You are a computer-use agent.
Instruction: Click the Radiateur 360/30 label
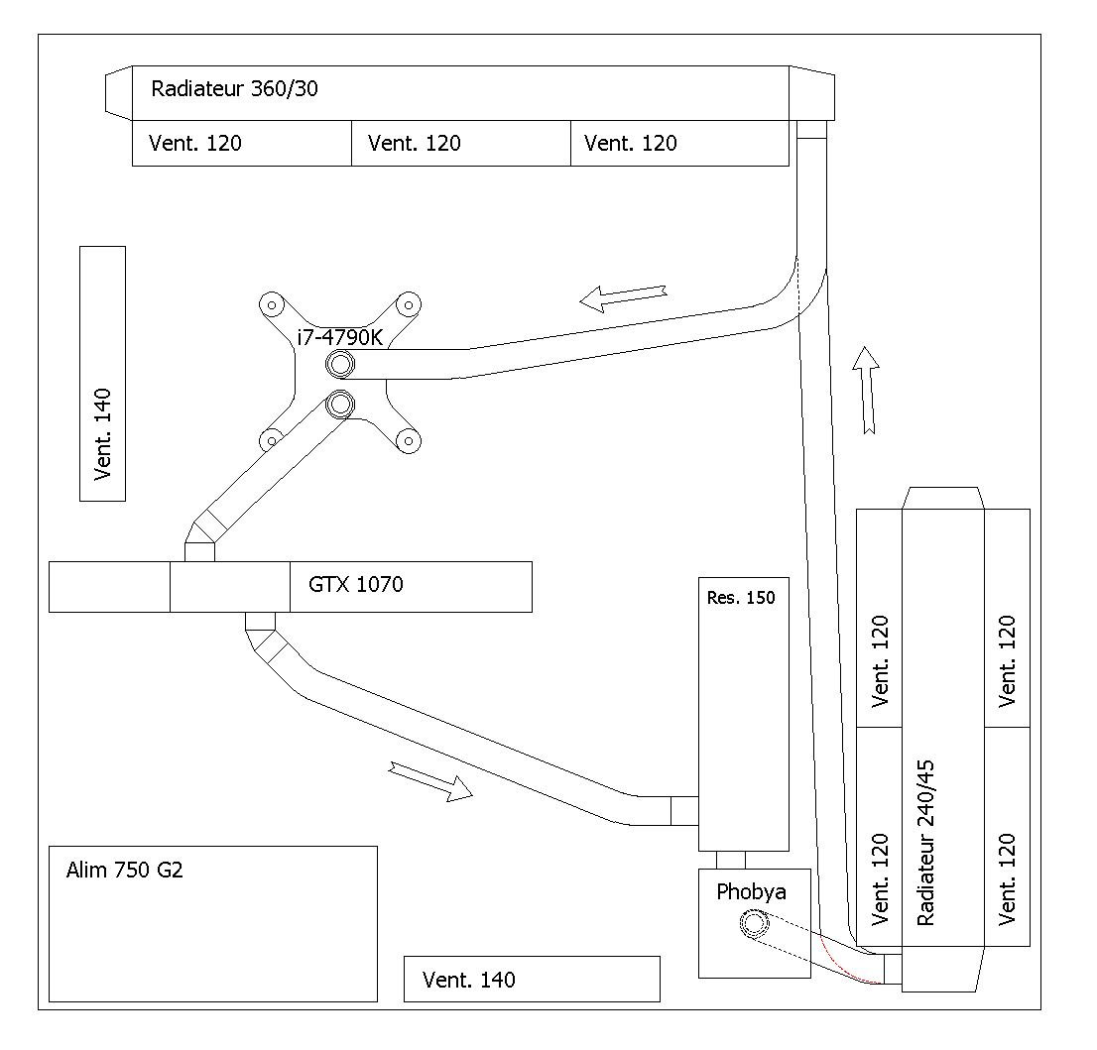click(234, 89)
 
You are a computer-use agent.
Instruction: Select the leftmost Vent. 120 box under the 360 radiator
click(241, 143)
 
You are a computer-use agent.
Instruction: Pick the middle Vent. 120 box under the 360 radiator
click(461, 143)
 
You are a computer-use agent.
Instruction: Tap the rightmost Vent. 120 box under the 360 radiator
click(680, 143)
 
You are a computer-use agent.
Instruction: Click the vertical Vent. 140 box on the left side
click(103, 374)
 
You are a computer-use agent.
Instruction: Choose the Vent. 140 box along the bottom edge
click(532, 979)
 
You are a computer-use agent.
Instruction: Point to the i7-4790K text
click(340, 338)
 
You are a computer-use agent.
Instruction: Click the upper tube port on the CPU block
click(341, 364)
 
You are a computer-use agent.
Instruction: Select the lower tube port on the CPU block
click(341, 404)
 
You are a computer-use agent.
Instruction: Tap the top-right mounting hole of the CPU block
click(409, 304)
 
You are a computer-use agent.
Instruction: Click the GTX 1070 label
click(355, 584)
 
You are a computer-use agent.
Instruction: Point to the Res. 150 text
click(741, 598)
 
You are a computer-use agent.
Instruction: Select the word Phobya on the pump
click(751, 892)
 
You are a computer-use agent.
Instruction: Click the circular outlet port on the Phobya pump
click(754, 923)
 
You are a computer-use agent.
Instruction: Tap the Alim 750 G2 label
click(125, 870)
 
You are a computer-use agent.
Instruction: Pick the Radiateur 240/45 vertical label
click(924, 843)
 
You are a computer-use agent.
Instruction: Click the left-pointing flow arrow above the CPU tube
click(623, 298)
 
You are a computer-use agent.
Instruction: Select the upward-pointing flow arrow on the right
click(867, 390)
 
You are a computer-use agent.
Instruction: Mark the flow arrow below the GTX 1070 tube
click(430, 781)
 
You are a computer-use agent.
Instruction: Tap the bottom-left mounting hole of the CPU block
click(271, 440)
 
